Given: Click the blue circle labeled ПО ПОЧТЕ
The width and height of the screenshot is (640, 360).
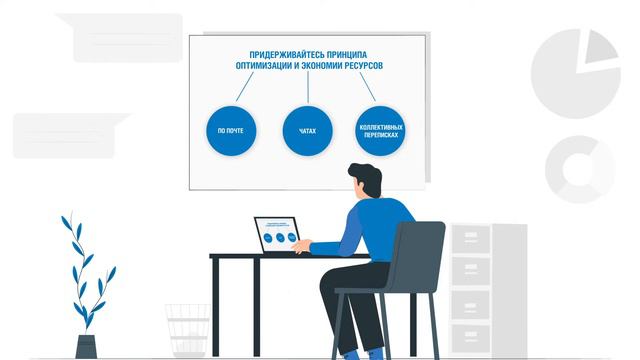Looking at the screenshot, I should (x=231, y=131).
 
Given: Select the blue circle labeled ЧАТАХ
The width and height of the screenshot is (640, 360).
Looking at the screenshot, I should (x=307, y=131).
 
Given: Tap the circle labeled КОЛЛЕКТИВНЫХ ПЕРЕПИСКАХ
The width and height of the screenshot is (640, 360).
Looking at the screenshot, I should (x=380, y=131).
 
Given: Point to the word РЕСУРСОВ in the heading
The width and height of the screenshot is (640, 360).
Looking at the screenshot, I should (x=359, y=66).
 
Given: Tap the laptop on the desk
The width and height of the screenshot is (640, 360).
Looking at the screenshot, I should (x=278, y=236).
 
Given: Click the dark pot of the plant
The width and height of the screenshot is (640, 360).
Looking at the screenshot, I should (x=86, y=346).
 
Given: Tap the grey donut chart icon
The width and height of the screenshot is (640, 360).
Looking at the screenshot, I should (x=579, y=169).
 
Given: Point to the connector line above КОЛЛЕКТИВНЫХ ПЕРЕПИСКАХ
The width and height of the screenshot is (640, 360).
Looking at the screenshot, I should (x=366, y=88).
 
